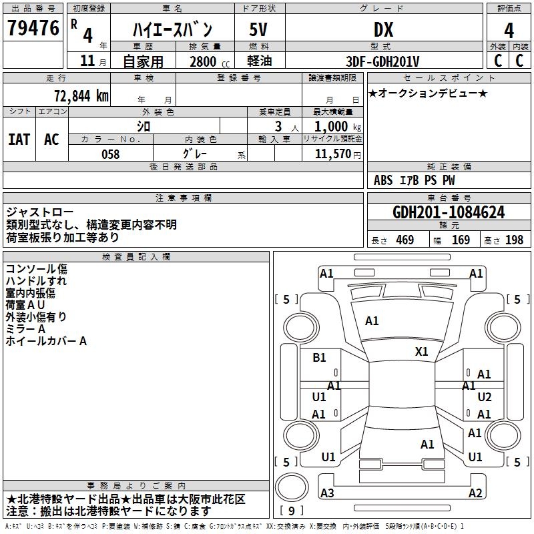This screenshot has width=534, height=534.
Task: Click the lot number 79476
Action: (33, 29)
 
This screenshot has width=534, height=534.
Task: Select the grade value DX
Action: (383, 29)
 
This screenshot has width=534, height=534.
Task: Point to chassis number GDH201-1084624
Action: (449, 213)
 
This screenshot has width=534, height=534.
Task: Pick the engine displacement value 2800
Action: (203, 62)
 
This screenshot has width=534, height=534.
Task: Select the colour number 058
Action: (110, 154)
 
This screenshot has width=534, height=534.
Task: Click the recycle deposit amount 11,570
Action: (331, 154)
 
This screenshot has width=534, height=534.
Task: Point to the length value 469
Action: (405, 240)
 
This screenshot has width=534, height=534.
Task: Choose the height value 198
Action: (514, 240)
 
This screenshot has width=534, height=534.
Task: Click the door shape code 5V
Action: (259, 29)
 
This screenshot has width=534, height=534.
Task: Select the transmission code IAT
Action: (19, 140)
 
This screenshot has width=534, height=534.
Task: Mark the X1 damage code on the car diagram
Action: (421, 352)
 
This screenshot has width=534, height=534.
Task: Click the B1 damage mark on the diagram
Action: (320, 358)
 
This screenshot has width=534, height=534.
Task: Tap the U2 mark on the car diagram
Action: (485, 397)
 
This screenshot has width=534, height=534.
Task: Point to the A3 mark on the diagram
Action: (327, 493)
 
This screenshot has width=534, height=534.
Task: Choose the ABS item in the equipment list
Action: (383, 180)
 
